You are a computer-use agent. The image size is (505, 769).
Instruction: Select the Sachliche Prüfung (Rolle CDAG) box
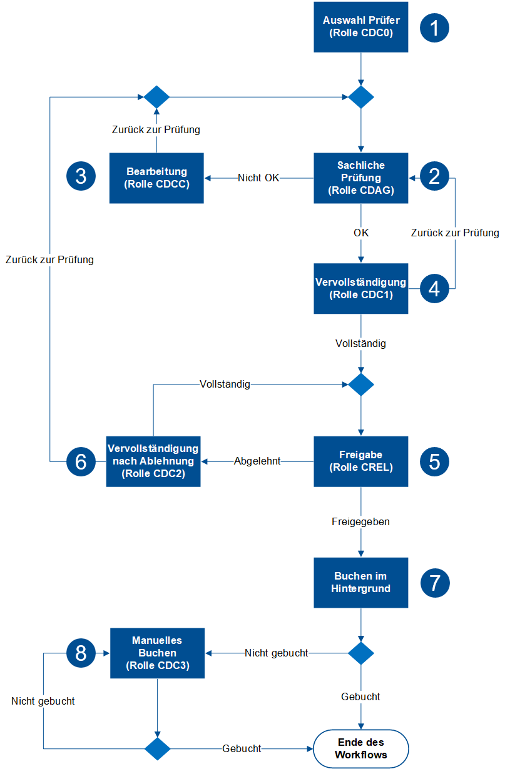coord(360,178)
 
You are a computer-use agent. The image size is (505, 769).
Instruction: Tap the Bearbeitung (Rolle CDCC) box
coord(156,178)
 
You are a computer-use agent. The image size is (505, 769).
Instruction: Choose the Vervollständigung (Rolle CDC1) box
coord(360,288)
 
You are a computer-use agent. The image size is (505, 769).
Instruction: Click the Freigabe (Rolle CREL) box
coord(360,461)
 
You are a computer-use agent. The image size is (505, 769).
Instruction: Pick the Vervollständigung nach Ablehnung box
coord(153,461)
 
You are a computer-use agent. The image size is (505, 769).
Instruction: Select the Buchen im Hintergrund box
coord(360,583)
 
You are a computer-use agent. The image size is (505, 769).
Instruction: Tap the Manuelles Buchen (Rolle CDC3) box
coord(158,653)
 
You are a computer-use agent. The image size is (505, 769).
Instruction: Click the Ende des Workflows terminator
coord(360,748)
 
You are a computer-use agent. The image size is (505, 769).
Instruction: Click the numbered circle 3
coord(81,177)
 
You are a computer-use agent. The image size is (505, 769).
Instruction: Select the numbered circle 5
coord(434,461)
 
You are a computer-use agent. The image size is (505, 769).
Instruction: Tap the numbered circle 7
coord(434,583)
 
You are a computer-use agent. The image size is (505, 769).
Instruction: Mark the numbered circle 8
coord(81,653)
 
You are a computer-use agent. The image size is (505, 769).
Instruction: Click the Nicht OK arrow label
coord(258,178)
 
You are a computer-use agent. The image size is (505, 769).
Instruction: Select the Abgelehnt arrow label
coord(257,461)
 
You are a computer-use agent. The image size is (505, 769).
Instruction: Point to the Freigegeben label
coord(360,521)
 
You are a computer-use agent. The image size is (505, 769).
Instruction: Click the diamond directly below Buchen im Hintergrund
coord(360,653)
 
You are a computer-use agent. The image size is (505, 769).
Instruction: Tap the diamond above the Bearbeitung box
coord(156,97)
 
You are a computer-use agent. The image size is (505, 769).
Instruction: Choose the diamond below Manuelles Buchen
coord(157,748)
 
